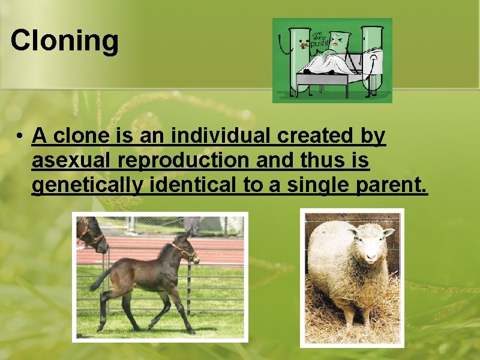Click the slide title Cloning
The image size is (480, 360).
[x=65, y=41]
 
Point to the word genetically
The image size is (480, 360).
[x=87, y=185]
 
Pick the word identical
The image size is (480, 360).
[x=193, y=185]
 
